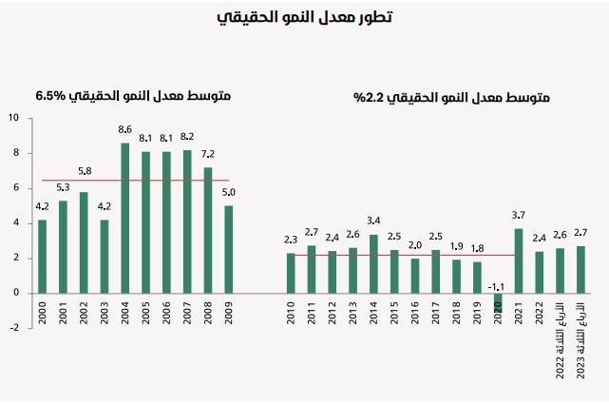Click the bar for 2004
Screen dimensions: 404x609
[x=125, y=218]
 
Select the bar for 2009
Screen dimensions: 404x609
[x=228, y=249]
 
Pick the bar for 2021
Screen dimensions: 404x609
[x=518, y=260]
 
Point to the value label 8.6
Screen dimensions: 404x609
[x=125, y=129]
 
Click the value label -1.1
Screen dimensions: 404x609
[x=495, y=285]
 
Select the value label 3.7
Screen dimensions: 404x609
[x=519, y=214]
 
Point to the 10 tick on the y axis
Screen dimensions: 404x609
[x=13, y=119]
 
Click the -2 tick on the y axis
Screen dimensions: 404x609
[x=14, y=328]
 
